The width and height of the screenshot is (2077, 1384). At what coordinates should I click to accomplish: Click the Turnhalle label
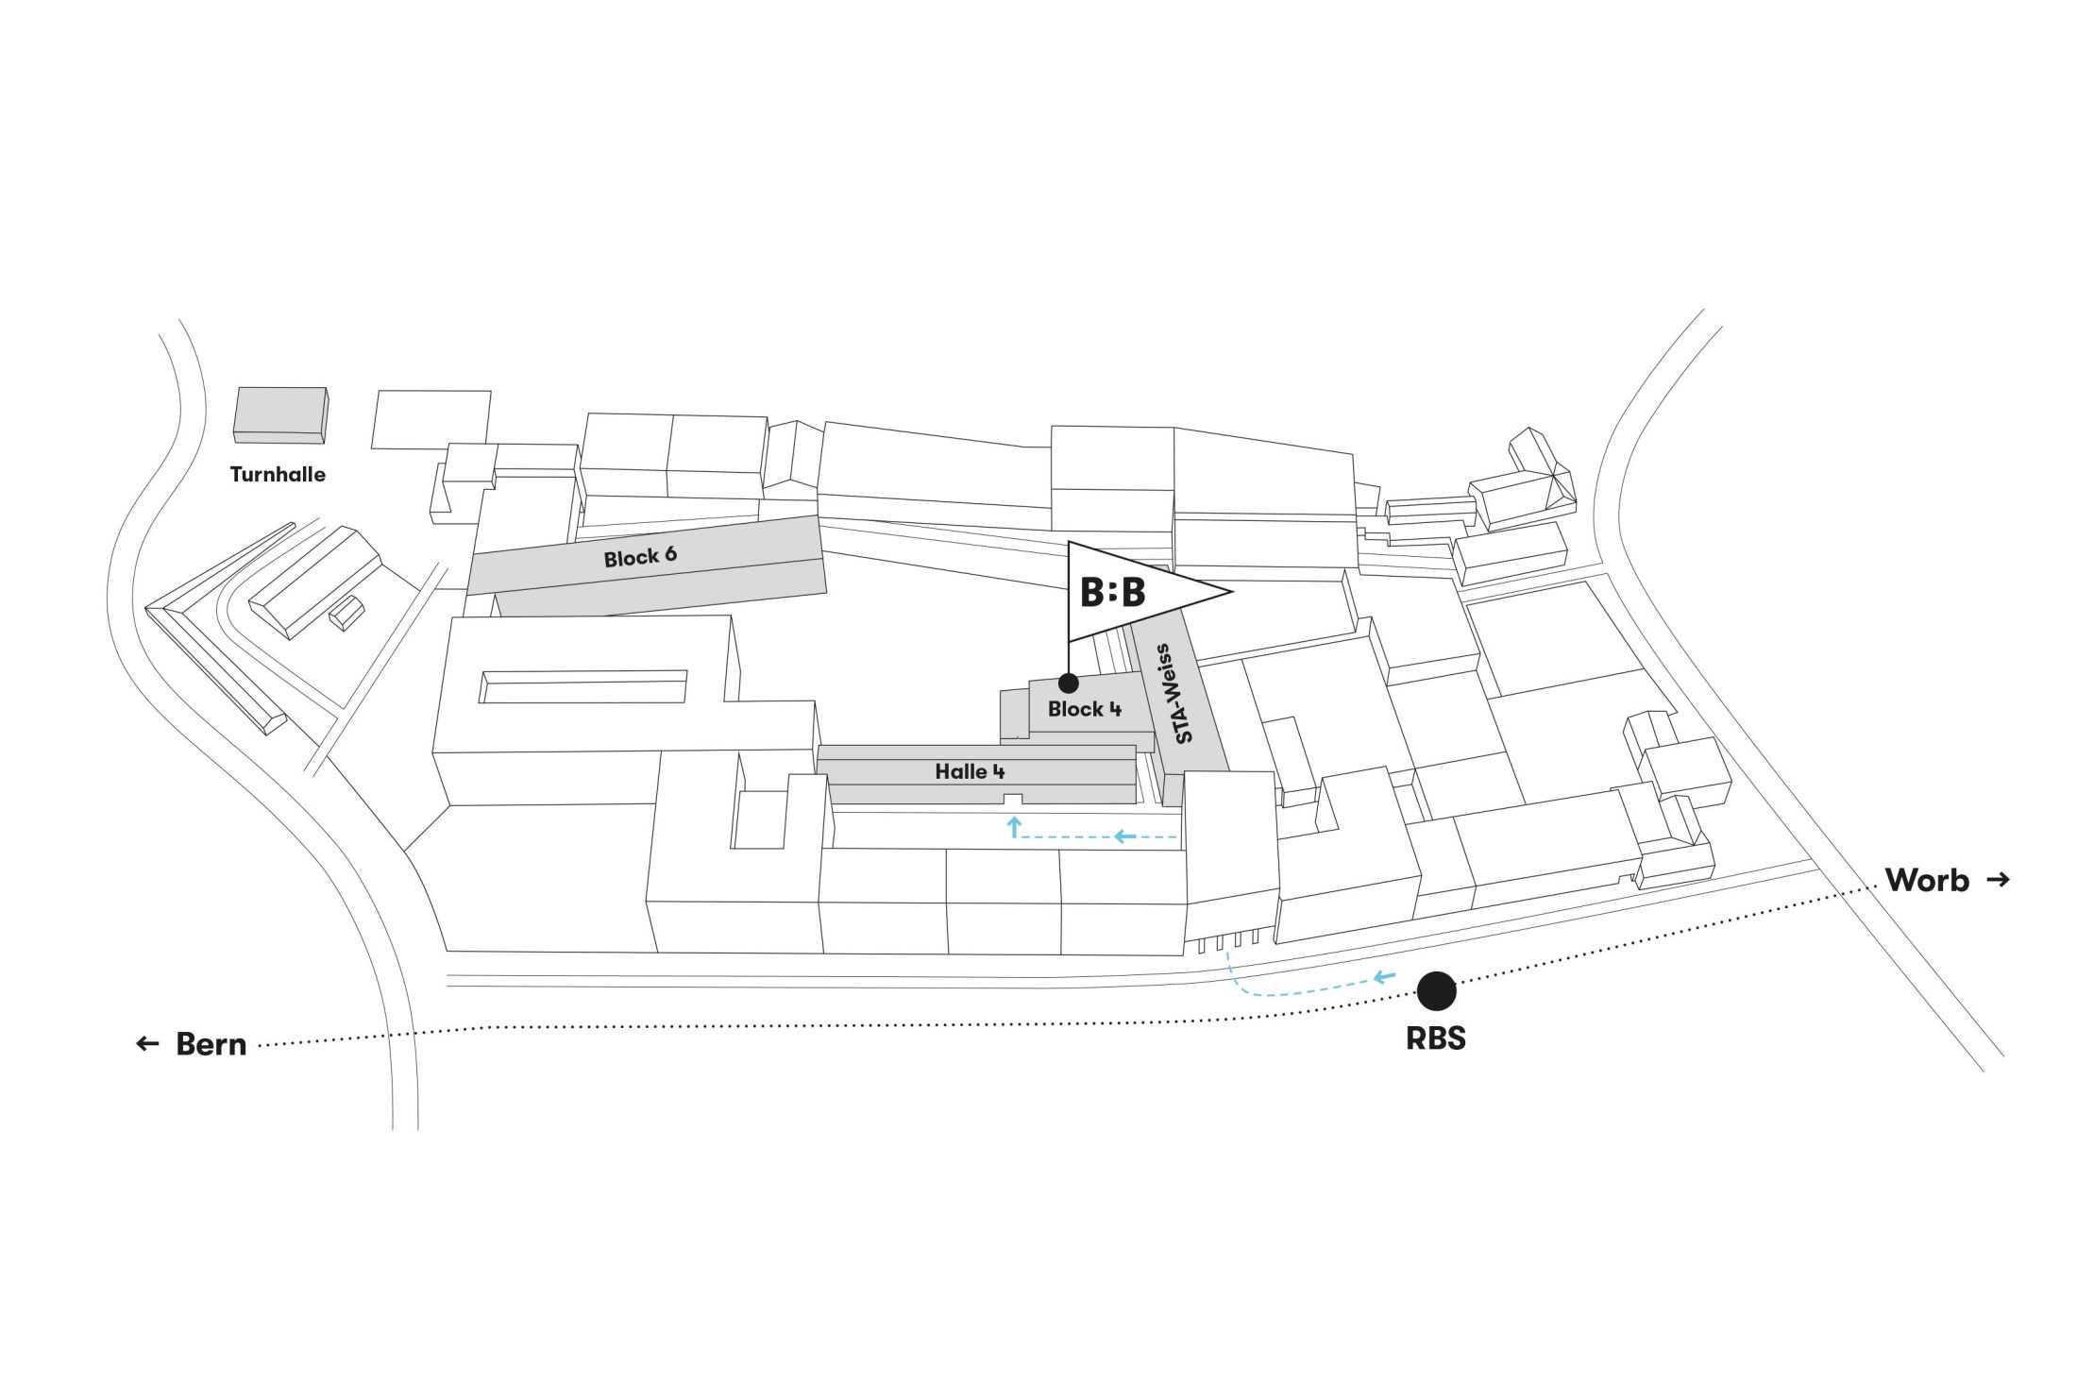point(278,474)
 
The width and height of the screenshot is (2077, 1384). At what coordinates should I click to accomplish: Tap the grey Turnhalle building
point(280,414)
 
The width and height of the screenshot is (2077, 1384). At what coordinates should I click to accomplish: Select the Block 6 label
point(640,556)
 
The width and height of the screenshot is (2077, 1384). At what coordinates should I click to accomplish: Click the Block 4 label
point(1085,709)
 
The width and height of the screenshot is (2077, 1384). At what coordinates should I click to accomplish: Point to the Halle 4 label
point(970,771)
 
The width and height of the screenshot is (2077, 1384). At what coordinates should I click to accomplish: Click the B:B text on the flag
point(1113,593)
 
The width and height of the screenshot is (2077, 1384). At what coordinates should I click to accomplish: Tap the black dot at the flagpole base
point(1069,683)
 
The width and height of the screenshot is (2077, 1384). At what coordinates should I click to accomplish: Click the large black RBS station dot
point(1436,990)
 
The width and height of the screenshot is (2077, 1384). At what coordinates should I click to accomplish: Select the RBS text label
point(1436,1038)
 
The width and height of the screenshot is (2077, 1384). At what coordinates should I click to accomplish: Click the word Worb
point(1927,880)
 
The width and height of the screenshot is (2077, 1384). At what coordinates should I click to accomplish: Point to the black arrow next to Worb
point(1998,880)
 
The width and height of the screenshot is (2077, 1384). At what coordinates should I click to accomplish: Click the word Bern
point(211,1044)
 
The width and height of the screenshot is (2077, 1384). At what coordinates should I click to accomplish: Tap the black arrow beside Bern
point(147,1043)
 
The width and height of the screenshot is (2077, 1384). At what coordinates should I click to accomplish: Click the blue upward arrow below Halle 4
point(1014,827)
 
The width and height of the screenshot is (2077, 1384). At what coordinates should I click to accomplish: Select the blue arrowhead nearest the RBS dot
point(1385,977)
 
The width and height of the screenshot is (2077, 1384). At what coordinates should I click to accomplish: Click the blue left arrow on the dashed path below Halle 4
point(1123,836)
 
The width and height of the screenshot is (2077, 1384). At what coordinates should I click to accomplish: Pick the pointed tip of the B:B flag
point(1232,592)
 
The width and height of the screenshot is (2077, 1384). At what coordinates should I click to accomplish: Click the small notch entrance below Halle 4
point(1012,801)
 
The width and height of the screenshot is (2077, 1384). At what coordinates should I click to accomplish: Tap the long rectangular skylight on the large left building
point(583,686)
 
